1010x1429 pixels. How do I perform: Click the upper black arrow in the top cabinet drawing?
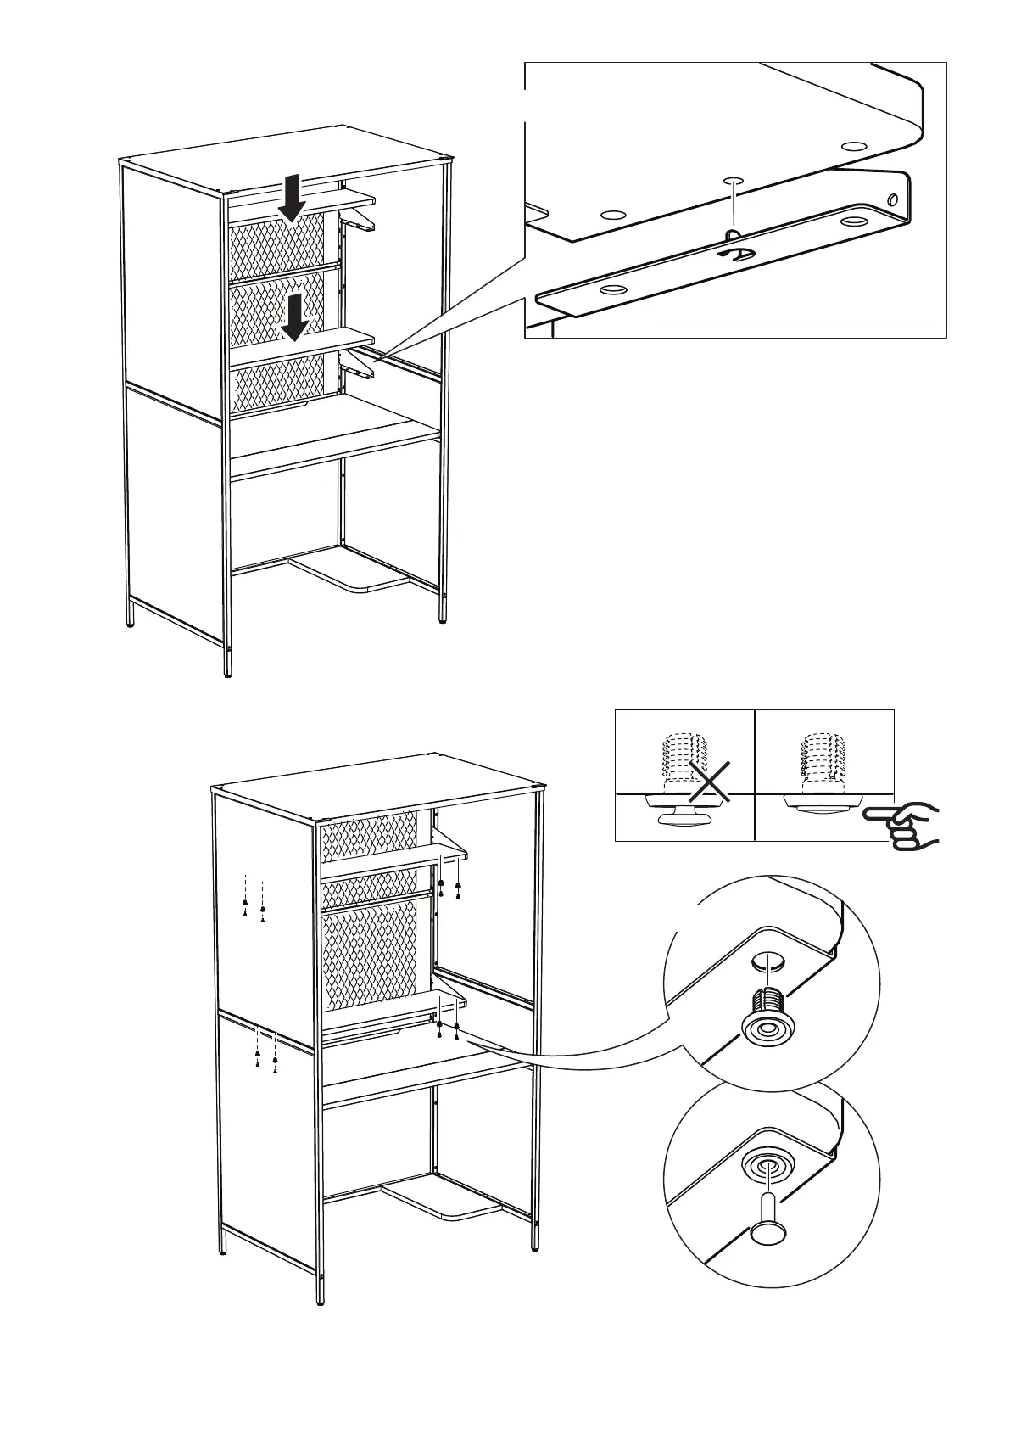[x=292, y=197]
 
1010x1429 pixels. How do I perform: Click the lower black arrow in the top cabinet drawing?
[x=294, y=317]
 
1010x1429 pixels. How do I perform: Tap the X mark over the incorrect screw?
[x=710, y=782]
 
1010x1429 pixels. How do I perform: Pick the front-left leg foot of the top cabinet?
[x=227, y=670]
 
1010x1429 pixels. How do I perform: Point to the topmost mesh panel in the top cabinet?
[x=277, y=244]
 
